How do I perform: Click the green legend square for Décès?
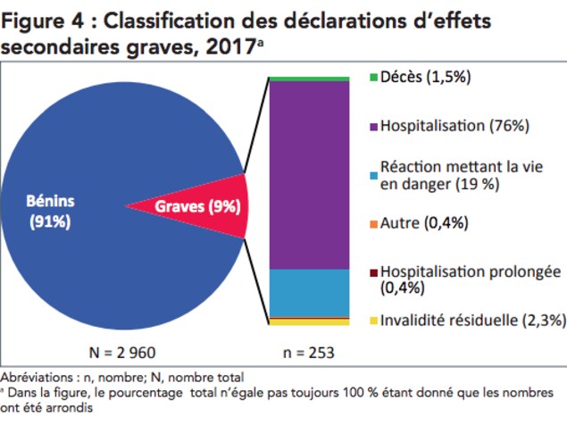[374, 78]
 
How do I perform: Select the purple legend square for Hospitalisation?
[374, 126]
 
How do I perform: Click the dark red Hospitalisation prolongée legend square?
[374, 272]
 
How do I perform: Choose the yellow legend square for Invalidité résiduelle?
[374, 320]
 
